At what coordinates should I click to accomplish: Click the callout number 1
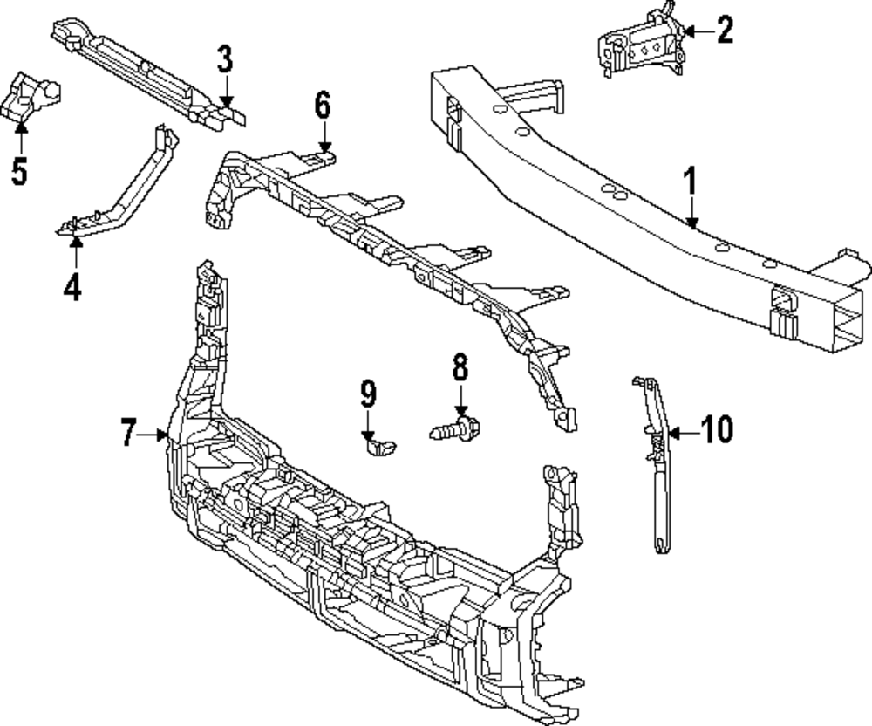pos(690,183)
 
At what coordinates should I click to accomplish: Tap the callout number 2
pos(725,31)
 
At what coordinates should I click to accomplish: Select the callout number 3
pos(225,60)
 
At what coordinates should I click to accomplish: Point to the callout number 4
pos(73,285)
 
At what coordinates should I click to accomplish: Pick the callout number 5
pos(19,170)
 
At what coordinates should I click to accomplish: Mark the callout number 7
pos(128,433)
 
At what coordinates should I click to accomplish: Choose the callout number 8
pos(460,368)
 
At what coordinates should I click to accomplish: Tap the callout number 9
pos(368,394)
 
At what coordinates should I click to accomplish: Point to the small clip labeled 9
pos(379,447)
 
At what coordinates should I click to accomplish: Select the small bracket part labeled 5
pos(31,97)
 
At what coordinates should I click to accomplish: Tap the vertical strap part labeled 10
pos(656,471)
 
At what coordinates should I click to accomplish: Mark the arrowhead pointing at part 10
pos(674,431)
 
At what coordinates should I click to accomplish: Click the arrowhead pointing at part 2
pos(688,31)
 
